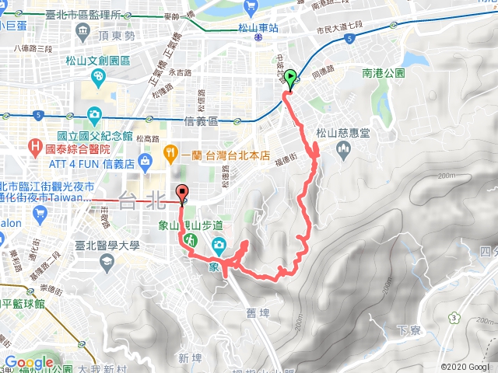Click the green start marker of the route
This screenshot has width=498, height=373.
tap(291, 78)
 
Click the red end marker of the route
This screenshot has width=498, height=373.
tap(184, 193)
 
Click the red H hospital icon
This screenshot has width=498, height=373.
tap(35, 146)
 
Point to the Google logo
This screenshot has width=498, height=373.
tap(29, 363)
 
